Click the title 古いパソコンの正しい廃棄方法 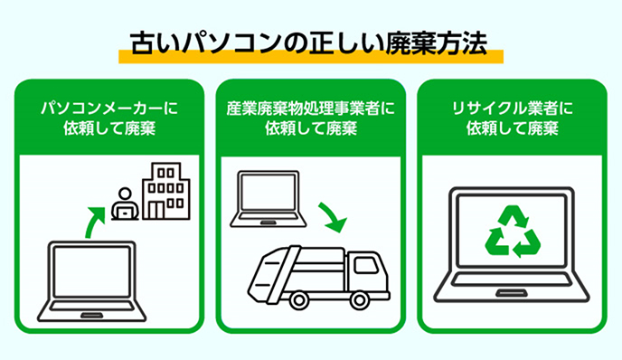tap(308, 43)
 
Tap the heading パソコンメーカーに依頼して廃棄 tap(109, 118)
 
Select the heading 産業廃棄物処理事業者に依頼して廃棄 tap(311, 118)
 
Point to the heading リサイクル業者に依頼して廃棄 tap(512, 118)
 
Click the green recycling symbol tap(512, 232)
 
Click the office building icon tap(166, 191)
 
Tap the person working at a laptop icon tap(125, 204)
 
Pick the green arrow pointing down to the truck tap(334, 217)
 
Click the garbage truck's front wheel tap(360, 300)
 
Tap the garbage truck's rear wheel tap(299, 300)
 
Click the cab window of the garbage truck tap(365, 265)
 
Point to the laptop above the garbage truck tap(269, 199)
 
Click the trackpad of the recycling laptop tap(512, 293)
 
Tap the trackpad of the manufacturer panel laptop tap(91, 316)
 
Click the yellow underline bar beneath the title tap(311, 57)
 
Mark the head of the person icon tap(126, 194)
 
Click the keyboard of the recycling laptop tap(512, 279)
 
